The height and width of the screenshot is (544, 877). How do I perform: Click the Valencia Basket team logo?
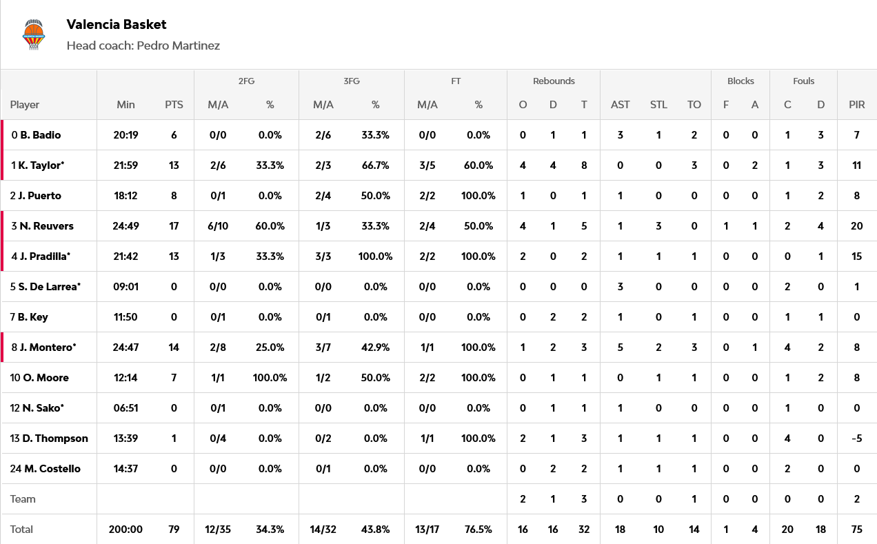click(33, 34)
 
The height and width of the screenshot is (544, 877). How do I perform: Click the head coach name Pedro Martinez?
click(178, 46)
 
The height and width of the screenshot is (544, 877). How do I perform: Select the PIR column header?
click(857, 105)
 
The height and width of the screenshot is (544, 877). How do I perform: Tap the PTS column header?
click(174, 105)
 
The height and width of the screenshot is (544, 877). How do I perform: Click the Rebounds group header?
click(554, 81)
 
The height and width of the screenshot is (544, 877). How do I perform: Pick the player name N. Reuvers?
click(47, 226)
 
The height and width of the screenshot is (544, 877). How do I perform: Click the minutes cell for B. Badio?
click(125, 135)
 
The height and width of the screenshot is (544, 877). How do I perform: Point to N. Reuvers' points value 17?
click(174, 226)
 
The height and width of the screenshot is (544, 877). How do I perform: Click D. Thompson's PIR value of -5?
click(857, 439)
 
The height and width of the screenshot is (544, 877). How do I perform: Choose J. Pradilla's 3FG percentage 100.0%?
click(375, 256)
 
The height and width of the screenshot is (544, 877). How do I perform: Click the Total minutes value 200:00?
click(125, 530)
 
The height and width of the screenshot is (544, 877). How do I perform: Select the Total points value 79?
click(174, 530)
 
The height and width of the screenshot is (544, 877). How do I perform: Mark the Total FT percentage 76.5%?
click(478, 530)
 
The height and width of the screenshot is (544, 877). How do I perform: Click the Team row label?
click(23, 499)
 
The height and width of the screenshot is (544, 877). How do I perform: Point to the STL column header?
click(658, 105)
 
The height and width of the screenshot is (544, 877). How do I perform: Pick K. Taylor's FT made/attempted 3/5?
click(427, 165)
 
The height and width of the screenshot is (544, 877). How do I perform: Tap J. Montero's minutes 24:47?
click(125, 347)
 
